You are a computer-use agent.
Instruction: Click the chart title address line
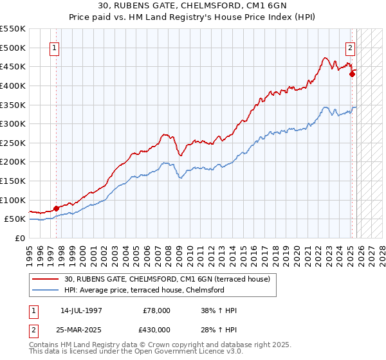[193, 7]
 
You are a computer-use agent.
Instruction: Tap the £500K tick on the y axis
[13, 48]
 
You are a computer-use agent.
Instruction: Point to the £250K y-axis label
[13, 143]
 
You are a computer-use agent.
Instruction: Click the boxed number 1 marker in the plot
[54, 47]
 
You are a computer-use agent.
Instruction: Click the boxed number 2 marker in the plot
[351, 47]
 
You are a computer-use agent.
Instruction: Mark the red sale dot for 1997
[57, 208]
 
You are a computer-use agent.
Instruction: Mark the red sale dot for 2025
[353, 75]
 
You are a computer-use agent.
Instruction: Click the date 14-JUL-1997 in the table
[82, 311]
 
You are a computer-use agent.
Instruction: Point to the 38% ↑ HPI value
[219, 311]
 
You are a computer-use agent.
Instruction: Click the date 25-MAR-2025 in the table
[82, 329]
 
